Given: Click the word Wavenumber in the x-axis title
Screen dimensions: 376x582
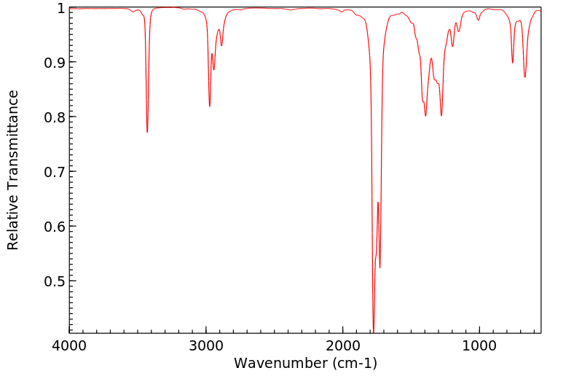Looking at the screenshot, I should click(x=281, y=362).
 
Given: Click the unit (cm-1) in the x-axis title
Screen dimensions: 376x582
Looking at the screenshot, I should click(x=355, y=362).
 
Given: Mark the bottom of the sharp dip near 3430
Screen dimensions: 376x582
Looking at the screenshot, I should click(x=147, y=132).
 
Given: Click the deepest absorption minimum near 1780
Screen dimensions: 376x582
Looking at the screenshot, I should click(x=374, y=332).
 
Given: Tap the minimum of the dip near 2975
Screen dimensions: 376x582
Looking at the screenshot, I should click(x=210, y=106).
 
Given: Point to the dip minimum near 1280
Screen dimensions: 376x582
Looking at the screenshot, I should click(x=441, y=115).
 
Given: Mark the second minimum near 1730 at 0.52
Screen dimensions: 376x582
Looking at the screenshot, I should click(x=380, y=267).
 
